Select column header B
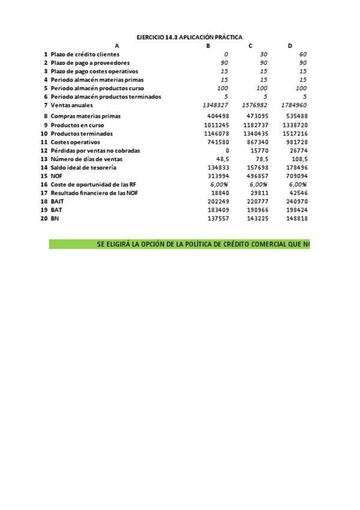[208, 46]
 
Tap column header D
[290, 46]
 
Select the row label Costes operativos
[75, 141]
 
